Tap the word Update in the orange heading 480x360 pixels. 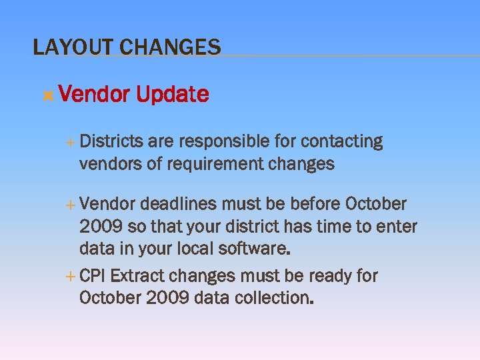172,95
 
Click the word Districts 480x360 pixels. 111,141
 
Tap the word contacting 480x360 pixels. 342,141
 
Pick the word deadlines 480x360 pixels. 179,203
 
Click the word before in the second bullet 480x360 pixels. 314,203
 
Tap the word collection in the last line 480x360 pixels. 274,297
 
